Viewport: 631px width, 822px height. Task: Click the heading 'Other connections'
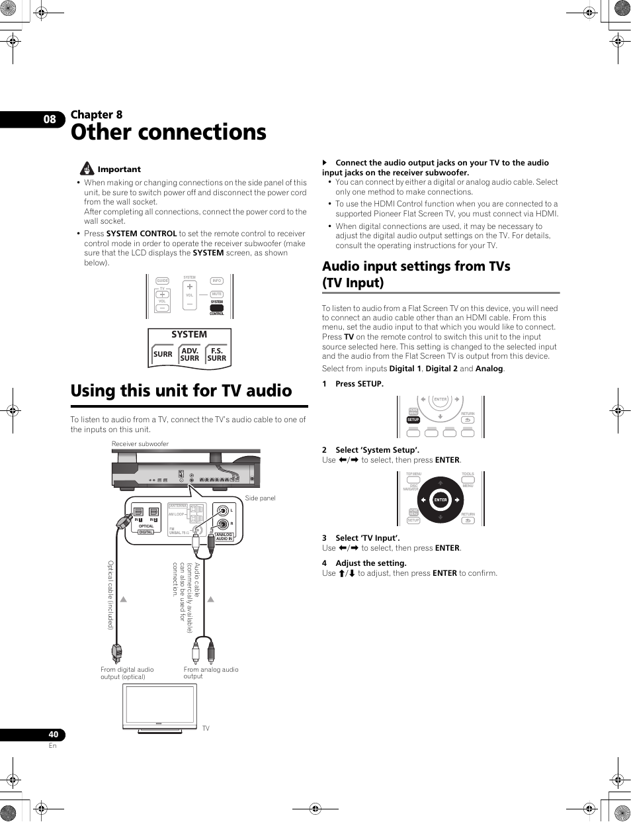tap(169, 132)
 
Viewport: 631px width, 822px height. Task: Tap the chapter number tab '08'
tap(50, 120)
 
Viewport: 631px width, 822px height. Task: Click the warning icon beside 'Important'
tap(87, 169)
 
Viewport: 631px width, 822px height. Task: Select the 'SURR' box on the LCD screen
tap(163, 354)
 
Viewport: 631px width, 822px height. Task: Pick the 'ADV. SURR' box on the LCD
tap(190, 355)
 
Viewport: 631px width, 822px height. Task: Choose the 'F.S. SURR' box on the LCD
tap(217, 355)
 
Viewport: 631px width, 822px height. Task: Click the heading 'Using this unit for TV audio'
tap(181, 391)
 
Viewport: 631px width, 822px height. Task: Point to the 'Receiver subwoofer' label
tap(140, 444)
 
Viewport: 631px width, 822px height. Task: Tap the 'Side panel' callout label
tap(260, 498)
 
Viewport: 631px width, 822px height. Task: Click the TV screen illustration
tap(161, 706)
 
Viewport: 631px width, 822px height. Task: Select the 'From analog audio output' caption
tap(210, 672)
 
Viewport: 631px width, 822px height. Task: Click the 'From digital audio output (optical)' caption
tap(127, 672)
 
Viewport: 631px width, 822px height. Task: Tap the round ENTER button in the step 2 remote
tap(441, 500)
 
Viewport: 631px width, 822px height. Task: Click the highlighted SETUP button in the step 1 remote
tap(413, 420)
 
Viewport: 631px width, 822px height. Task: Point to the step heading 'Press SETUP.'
tap(359, 384)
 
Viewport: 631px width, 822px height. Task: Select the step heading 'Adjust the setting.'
tap(370, 563)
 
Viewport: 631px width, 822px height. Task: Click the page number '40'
tap(53, 735)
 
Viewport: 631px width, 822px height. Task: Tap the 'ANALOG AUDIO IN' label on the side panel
tap(224, 537)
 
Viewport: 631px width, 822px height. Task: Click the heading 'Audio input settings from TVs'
tap(416, 266)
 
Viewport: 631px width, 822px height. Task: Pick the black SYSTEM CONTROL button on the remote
tap(217, 308)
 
